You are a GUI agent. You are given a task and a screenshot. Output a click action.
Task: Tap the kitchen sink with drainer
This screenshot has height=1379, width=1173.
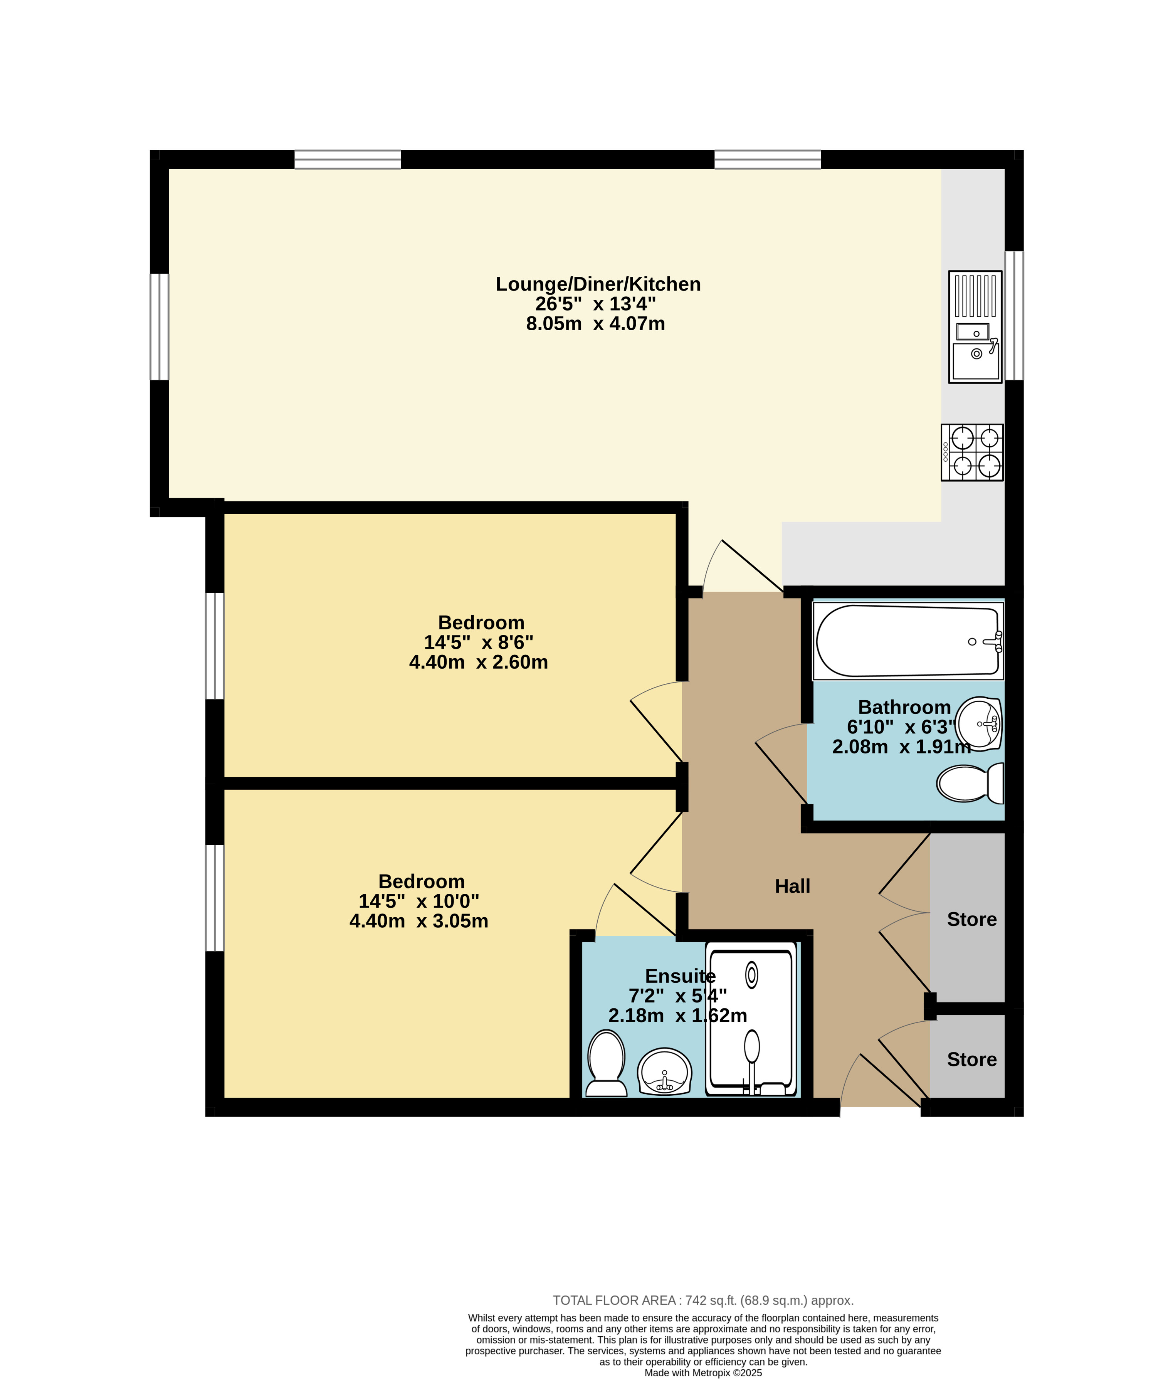pos(975,326)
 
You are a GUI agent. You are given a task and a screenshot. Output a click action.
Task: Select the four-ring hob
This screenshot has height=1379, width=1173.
pos(971,452)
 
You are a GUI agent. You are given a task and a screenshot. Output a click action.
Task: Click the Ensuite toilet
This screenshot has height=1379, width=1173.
pos(606,1063)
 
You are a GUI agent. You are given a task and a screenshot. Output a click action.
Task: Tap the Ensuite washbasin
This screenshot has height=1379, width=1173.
pos(664,1071)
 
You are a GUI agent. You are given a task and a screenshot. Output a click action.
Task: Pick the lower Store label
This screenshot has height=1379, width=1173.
pos(971,1059)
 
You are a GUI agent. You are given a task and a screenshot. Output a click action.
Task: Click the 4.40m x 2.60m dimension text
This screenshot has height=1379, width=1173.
pos(479,662)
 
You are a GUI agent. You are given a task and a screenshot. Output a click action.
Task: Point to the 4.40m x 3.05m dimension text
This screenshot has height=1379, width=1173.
pos(419,920)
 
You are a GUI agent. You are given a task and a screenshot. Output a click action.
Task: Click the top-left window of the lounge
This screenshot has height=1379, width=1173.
pos(348,160)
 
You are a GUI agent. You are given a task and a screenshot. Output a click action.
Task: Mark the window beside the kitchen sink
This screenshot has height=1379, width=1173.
pos(1014,315)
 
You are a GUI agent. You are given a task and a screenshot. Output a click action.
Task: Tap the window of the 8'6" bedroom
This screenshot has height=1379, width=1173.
pos(215,646)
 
